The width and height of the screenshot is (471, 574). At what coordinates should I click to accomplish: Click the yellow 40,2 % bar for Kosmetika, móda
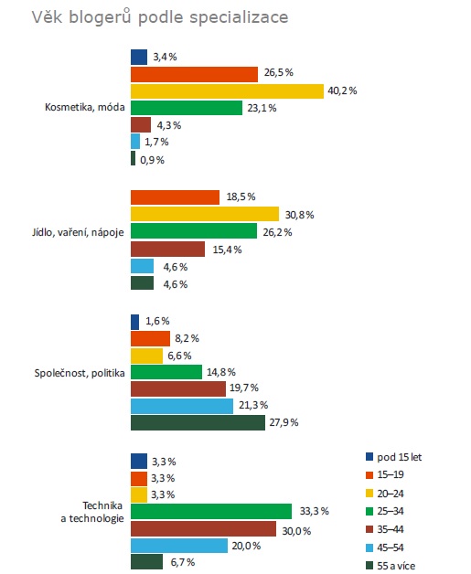[x=227, y=91]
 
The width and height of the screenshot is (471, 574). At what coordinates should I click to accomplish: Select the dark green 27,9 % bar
[x=198, y=422]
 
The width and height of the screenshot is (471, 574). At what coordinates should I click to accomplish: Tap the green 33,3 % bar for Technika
[x=211, y=512]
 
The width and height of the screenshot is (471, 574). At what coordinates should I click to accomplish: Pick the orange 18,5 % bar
[x=175, y=197]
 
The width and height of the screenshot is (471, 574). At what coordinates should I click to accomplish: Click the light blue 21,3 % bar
[x=182, y=406]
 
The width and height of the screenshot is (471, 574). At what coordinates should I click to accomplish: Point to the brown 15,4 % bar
[x=167, y=250]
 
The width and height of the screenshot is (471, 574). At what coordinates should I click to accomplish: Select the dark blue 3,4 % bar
[x=139, y=57]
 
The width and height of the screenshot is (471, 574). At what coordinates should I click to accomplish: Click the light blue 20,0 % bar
[x=179, y=546]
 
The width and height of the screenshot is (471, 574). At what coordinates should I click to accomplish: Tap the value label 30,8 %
[x=300, y=215]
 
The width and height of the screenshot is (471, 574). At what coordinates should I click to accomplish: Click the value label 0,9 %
[x=153, y=160]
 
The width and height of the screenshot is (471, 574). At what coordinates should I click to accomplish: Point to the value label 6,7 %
[x=183, y=562]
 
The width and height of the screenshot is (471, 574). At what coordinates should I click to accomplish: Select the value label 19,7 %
[x=244, y=388]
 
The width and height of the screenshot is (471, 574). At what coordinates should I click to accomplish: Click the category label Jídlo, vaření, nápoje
[x=78, y=232]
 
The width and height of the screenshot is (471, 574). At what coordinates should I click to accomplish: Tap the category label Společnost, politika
[x=80, y=373]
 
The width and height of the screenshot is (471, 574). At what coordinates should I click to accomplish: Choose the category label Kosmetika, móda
[x=85, y=107]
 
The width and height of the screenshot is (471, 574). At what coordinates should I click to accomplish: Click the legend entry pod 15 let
[x=394, y=457]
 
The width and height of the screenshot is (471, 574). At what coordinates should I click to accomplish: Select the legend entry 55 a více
[x=391, y=566]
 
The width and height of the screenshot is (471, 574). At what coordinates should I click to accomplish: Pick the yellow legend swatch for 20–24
[x=369, y=494]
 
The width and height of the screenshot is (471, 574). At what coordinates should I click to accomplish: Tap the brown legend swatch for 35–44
[x=369, y=529]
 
